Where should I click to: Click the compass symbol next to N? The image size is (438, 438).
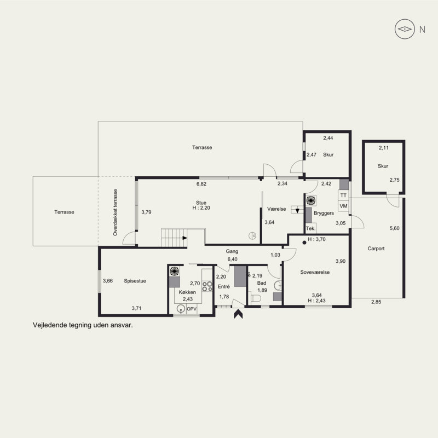[x=405, y=29]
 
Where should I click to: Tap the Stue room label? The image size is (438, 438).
[x=201, y=203]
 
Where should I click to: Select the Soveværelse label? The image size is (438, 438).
[x=315, y=272]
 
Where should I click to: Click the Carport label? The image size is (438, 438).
[x=376, y=249]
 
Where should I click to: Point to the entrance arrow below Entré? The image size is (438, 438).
[x=238, y=314]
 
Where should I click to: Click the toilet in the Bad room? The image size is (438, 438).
[x=256, y=298]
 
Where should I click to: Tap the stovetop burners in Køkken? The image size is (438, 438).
[x=208, y=286]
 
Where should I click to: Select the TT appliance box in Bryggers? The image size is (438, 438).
[x=344, y=195]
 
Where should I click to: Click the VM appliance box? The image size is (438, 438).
[x=344, y=206]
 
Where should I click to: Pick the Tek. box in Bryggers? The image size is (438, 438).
[x=310, y=228]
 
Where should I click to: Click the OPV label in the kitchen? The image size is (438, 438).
[x=192, y=309]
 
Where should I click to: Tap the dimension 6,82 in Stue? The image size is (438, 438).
[x=201, y=184]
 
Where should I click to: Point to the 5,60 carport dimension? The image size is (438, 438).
[x=394, y=228]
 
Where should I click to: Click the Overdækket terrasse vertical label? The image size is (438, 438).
[x=115, y=212]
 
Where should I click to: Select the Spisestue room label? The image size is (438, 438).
[x=135, y=281]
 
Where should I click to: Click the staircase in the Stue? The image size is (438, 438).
[x=174, y=238]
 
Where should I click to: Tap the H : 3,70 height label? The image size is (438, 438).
[x=316, y=239]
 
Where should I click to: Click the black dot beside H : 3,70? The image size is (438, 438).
[x=304, y=243]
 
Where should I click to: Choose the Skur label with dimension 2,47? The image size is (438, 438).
[x=328, y=154]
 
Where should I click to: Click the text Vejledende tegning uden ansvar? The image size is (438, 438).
[x=83, y=325]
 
